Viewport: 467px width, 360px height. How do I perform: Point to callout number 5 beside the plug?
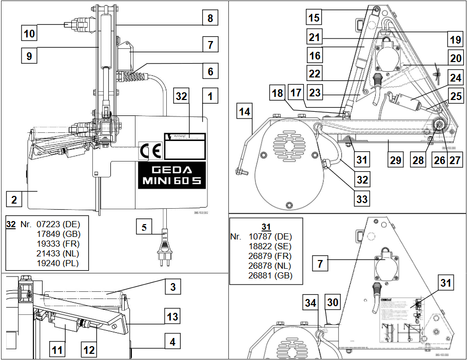pyautogui.click(x=145, y=226)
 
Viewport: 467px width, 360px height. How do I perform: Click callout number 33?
pyautogui.click(x=362, y=198)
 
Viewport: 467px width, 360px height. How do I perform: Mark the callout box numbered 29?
pyautogui.click(x=395, y=160)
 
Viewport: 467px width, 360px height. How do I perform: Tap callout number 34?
pyautogui.click(x=310, y=303)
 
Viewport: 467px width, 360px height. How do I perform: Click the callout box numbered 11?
pyautogui.click(x=57, y=351)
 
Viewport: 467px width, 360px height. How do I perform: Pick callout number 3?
pyautogui.click(x=173, y=287)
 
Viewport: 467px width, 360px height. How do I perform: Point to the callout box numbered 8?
pyautogui.click(x=209, y=19)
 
